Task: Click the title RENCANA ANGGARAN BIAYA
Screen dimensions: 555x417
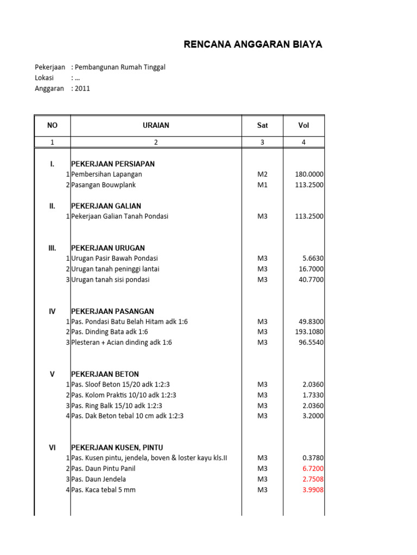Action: coord(252,44)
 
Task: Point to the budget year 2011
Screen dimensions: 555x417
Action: coord(82,88)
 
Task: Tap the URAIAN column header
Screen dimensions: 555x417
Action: coord(156,126)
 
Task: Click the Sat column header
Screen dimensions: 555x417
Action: coord(262,126)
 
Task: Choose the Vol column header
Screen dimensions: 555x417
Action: coord(304,126)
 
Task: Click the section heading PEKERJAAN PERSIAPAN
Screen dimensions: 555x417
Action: coord(113,164)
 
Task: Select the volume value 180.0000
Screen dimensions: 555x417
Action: coord(309,175)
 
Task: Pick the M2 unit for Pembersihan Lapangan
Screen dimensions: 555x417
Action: coord(262,175)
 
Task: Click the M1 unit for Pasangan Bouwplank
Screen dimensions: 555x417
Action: coord(262,185)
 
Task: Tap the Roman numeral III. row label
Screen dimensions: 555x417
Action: coord(52,248)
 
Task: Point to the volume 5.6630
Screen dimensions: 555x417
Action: coord(313,259)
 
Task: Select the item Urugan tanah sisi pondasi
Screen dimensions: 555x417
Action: coord(110,280)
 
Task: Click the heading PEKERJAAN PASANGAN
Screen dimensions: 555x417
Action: coord(112,311)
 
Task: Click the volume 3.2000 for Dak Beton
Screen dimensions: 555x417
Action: coord(313,416)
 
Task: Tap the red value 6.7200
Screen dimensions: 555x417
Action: coord(313,469)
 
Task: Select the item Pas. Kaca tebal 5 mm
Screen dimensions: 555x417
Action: coord(103,490)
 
